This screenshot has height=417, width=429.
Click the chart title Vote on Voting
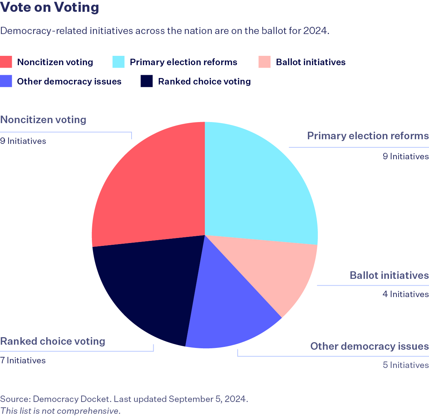click(50, 8)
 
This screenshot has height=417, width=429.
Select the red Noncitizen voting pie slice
click(150, 186)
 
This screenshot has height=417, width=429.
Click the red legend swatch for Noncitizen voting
click(6, 62)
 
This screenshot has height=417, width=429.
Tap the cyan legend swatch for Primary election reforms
click(119, 62)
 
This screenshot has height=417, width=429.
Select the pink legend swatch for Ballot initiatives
click(265, 62)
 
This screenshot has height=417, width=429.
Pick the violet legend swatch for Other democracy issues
click(6, 81)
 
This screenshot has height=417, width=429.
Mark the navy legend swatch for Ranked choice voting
click(147, 81)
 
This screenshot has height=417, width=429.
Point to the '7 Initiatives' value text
click(23, 360)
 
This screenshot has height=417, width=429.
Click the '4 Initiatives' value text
click(405, 294)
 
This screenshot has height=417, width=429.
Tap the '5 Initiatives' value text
click(405, 365)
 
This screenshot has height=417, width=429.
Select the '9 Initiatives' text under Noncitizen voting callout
click(23, 141)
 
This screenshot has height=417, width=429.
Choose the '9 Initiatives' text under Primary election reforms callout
click(405, 156)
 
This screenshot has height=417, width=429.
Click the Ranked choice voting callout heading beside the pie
click(53, 341)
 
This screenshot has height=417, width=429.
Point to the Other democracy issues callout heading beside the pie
click(369, 346)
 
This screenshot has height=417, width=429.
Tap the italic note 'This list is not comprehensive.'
click(60, 411)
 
